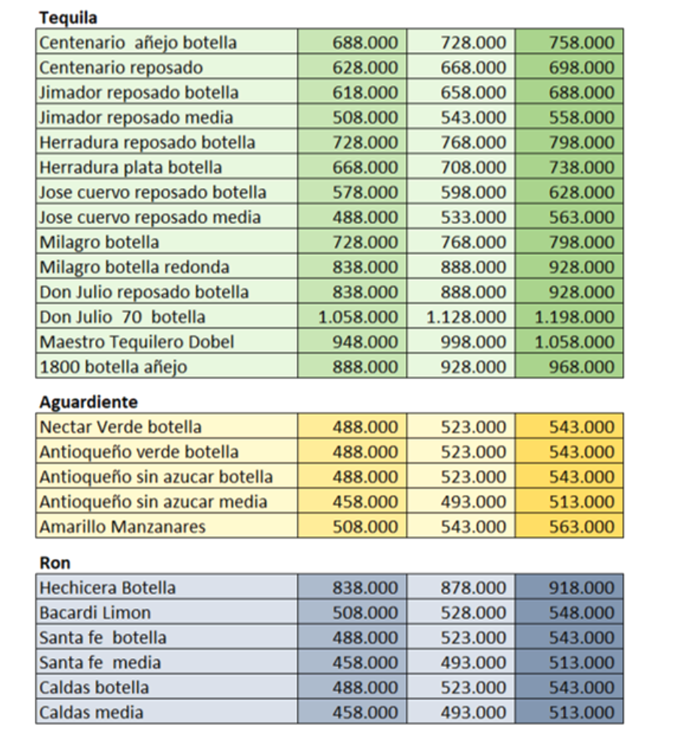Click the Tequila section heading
click(68, 18)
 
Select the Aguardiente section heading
click(88, 401)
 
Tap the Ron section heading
click(55, 562)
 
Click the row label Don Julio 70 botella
click(122, 317)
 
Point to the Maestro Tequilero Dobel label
click(137, 342)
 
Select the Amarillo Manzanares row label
click(122, 526)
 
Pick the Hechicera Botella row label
click(108, 588)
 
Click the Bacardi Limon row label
click(95, 613)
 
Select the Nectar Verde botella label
click(120, 427)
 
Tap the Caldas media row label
click(91, 712)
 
